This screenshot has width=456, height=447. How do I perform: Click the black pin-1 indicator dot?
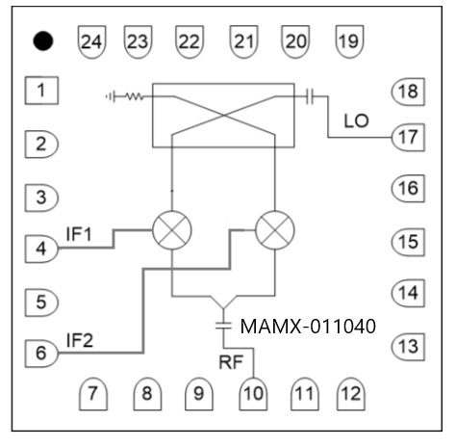point(42,40)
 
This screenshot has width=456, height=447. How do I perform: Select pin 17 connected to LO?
point(408,138)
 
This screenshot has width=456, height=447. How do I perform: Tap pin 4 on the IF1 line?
point(41,249)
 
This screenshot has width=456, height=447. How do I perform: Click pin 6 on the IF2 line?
point(41,353)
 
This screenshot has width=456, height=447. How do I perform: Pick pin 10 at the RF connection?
point(253,394)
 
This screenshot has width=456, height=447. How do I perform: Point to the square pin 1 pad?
point(41,91)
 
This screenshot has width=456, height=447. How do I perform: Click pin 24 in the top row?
point(91,41)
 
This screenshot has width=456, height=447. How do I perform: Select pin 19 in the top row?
point(349,41)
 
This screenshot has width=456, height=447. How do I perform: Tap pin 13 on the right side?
point(408,347)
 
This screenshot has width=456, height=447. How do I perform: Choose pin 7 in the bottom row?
point(93,394)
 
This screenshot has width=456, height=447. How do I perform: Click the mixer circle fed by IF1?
point(172,230)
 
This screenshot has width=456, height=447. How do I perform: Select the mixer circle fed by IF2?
point(275,230)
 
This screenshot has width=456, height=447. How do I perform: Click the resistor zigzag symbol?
point(134,96)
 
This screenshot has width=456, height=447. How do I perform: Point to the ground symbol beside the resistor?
point(110,96)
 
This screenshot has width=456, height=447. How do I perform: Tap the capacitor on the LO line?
point(310,96)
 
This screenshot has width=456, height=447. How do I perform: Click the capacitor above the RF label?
point(223,326)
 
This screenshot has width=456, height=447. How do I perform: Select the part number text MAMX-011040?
point(308,327)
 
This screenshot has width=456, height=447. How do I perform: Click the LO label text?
point(356,121)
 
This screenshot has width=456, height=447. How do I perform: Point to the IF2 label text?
point(80,340)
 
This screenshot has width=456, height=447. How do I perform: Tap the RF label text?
point(231,362)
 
